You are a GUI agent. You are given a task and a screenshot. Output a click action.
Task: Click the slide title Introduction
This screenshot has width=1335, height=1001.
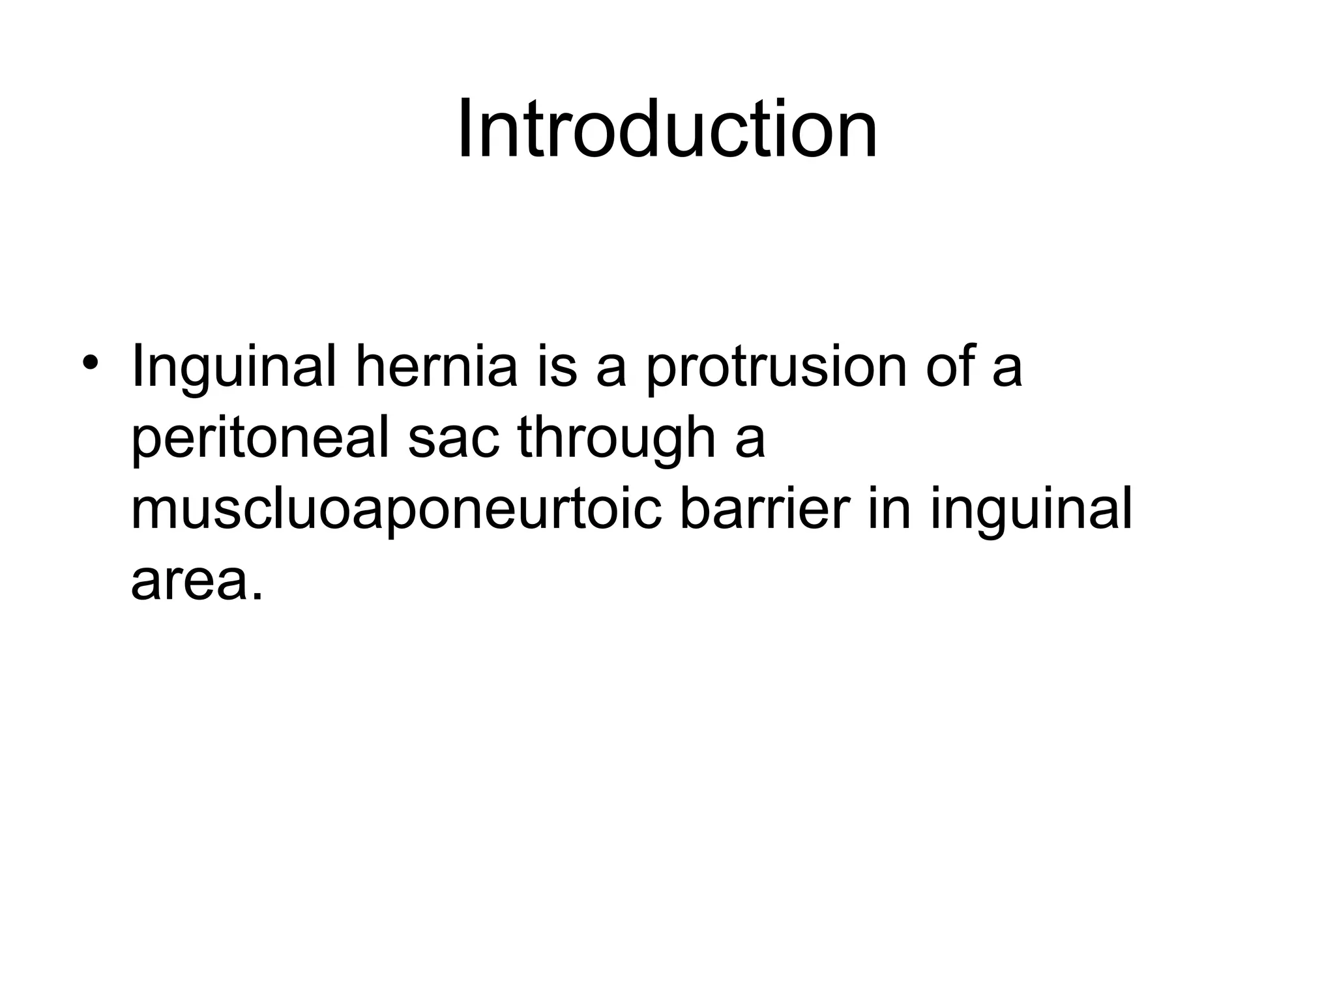[x=667, y=128]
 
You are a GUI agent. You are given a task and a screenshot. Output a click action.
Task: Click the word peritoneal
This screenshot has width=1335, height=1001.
[x=261, y=438]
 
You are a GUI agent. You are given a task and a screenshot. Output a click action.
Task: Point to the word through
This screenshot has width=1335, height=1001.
[x=617, y=438]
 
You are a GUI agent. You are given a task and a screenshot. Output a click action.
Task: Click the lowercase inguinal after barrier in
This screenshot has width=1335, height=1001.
[x=1031, y=510]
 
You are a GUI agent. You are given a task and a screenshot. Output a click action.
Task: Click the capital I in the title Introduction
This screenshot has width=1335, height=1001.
[x=463, y=128]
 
